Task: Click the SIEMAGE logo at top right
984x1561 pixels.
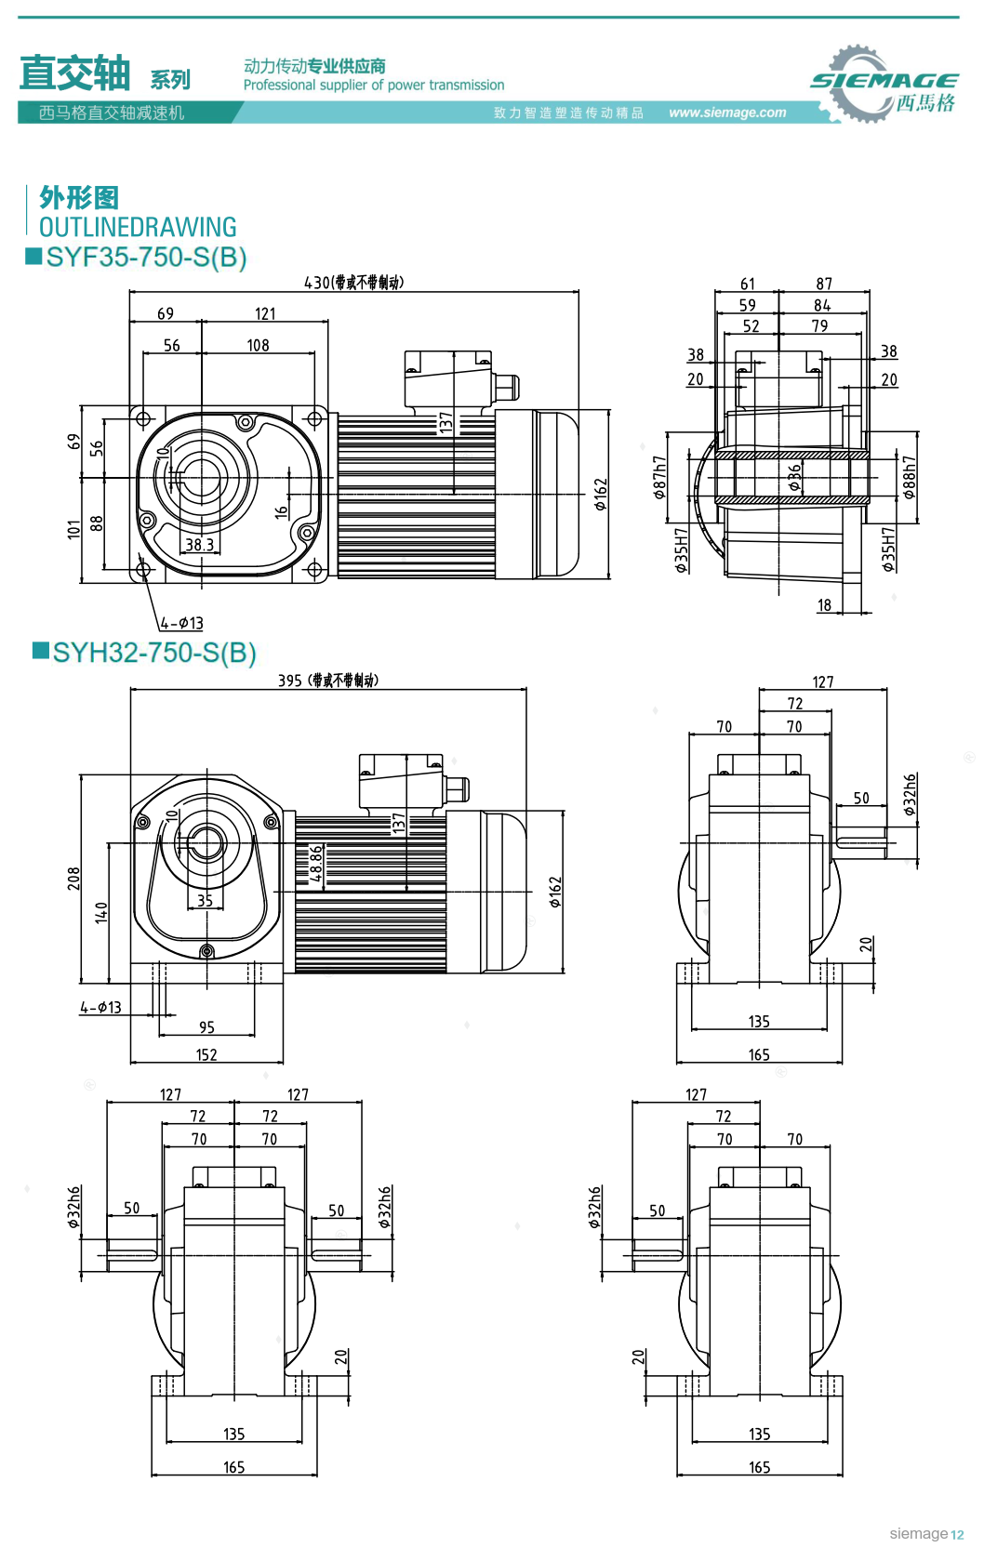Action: [x=884, y=84]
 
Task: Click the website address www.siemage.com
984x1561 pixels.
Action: [x=727, y=112]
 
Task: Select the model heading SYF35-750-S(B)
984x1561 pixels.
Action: [x=146, y=258]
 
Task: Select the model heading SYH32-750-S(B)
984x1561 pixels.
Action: [x=153, y=653]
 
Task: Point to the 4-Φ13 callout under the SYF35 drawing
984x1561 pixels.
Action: [x=181, y=623]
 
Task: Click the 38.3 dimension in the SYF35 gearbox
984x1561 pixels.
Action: [x=199, y=545]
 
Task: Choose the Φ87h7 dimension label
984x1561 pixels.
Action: [x=659, y=477]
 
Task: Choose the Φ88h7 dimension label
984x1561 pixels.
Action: [x=909, y=477]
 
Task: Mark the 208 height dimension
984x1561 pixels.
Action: [x=73, y=879]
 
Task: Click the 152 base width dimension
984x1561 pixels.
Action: [x=206, y=1055]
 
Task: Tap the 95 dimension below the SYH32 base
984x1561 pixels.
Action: [x=206, y=1027]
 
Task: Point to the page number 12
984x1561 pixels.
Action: [x=957, y=1535]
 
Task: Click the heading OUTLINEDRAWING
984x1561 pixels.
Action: [x=138, y=227]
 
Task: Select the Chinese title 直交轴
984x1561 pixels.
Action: [x=74, y=73]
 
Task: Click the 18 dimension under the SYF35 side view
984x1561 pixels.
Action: [x=824, y=605]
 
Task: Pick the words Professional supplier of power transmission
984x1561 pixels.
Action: [x=374, y=86]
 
